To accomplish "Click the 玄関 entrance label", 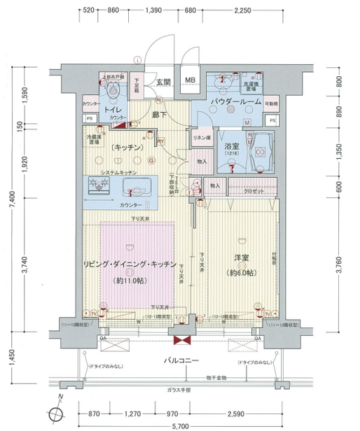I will tap(163, 81).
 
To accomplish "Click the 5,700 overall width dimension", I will tap(181, 425).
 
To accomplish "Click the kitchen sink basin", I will tap(137, 188).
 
